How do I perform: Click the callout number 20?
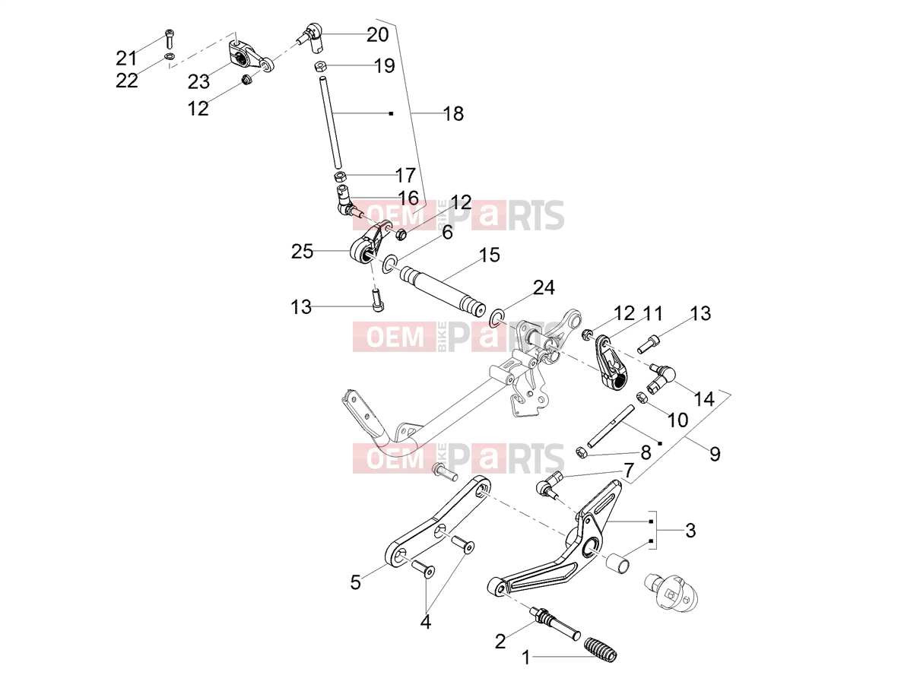tap(378, 35)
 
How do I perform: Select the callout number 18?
tap(453, 113)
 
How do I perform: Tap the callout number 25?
tap(302, 252)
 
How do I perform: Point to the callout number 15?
tap(489, 255)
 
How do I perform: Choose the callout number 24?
tap(544, 288)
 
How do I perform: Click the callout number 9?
tap(715, 454)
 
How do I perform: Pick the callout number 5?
tap(356, 582)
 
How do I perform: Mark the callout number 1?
tap(526, 658)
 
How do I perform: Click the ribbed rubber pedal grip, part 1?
tap(600, 649)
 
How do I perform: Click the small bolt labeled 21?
tap(170, 39)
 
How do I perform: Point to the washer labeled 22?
tap(170, 56)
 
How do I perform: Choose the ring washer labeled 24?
tap(497, 319)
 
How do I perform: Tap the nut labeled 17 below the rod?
tap(340, 176)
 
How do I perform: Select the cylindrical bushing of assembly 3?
tap(618, 563)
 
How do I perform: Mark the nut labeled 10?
tap(642, 397)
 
